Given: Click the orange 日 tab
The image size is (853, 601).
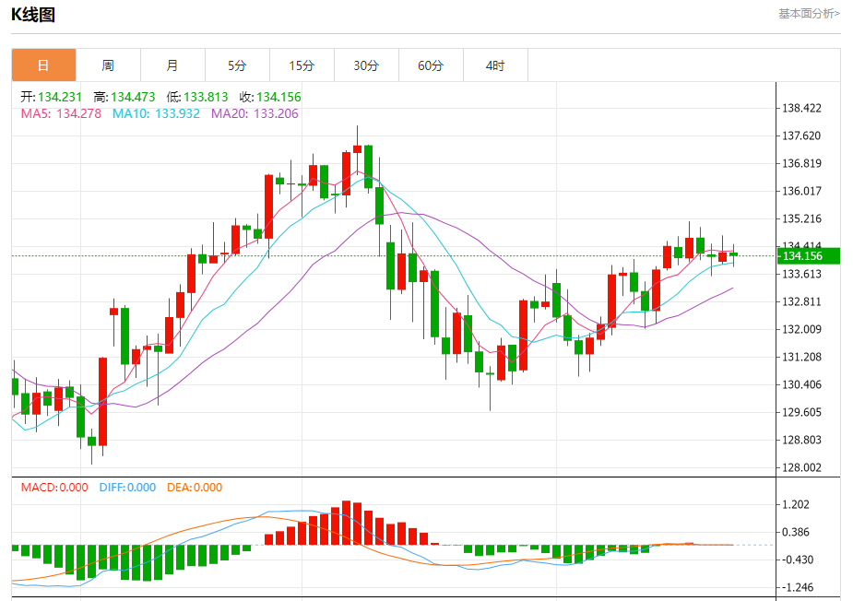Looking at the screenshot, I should [43, 65].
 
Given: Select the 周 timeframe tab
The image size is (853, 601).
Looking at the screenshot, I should [108, 65].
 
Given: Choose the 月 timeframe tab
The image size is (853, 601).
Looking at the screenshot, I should [172, 65].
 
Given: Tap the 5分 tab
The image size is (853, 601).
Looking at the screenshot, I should [237, 65].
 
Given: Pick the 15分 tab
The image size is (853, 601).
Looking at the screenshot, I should [302, 65].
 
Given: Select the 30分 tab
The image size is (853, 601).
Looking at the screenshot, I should [366, 65].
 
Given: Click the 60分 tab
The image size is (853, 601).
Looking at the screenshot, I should [431, 65].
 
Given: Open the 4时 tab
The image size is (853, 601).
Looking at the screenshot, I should [495, 65].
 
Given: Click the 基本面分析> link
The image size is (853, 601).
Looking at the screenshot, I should [809, 14].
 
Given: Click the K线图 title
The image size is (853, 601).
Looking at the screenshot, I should [33, 14].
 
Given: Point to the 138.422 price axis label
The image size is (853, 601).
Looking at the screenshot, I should [801, 109].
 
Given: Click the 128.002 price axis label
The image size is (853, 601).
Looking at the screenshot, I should [801, 467].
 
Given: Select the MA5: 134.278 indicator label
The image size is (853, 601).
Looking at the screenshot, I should [61, 113].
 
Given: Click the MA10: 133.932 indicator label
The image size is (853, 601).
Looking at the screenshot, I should [156, 113].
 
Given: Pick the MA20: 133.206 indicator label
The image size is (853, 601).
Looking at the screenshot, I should [255, 113].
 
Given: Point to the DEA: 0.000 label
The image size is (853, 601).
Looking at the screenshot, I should [195, 488].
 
